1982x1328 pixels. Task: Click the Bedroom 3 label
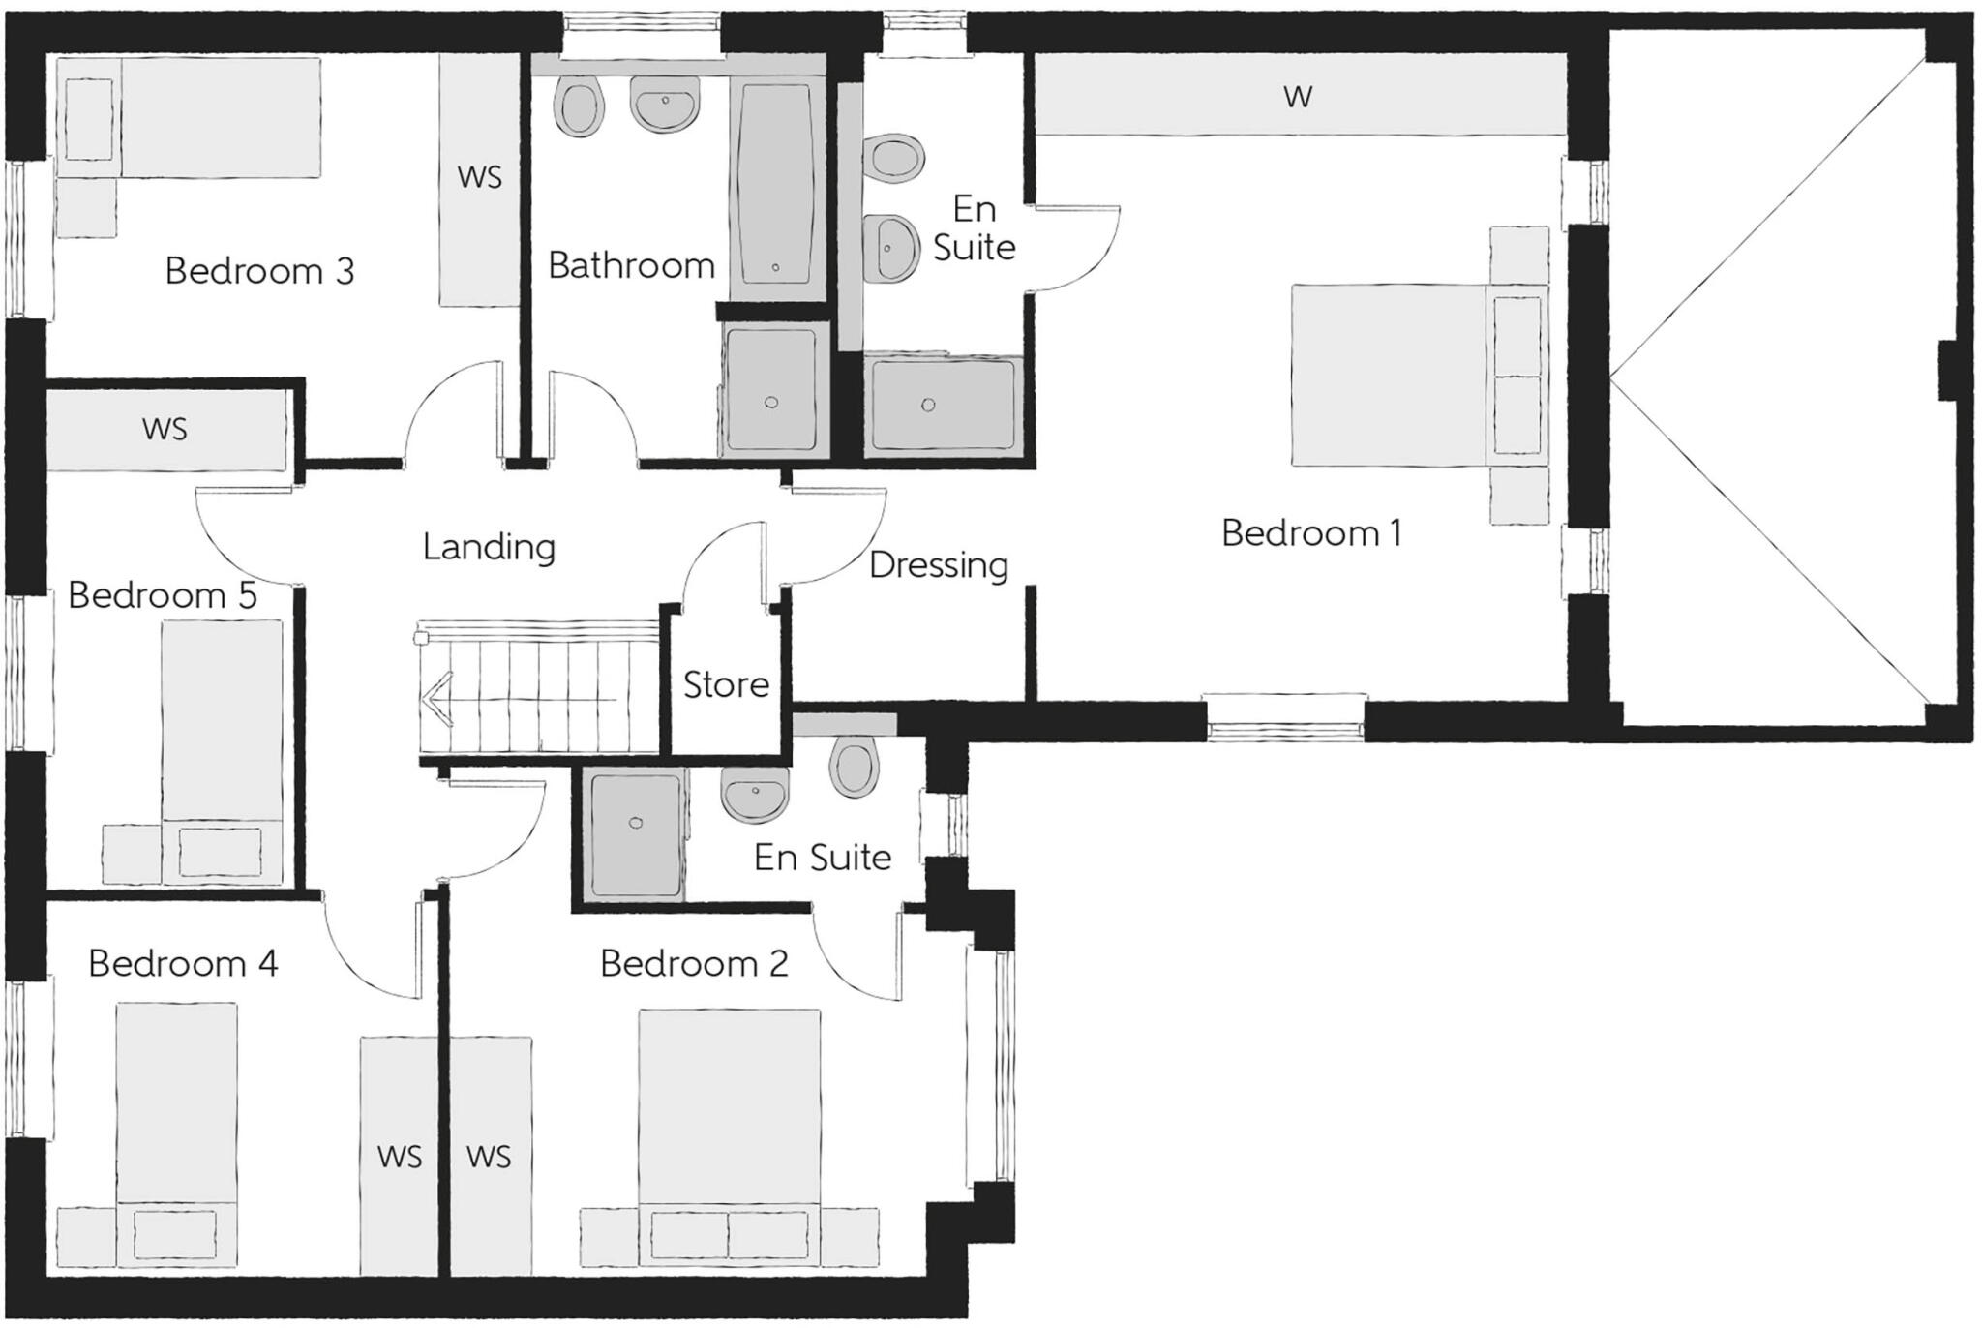coord(259,271)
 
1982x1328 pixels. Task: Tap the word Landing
coord(489,548)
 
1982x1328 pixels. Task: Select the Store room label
coord(726,685)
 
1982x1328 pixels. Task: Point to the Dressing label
coord(938,565)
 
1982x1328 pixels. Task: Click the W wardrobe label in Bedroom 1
coord(1298,97)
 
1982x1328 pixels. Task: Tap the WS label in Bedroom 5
coord(165,429)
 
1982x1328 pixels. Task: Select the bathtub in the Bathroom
coord(776,184)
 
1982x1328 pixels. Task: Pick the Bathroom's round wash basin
coord(664,103)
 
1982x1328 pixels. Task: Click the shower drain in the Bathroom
coord(771,403)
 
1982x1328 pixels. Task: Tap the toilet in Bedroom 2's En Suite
coord(856,768)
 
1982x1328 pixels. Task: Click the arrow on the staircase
coord(437,698)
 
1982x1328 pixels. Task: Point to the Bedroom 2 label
coord(694,964)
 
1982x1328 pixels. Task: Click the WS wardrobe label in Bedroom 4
coord(400,1157)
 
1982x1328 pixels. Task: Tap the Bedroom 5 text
coord(163,595)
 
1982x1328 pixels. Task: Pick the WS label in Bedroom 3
coord(480,177)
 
